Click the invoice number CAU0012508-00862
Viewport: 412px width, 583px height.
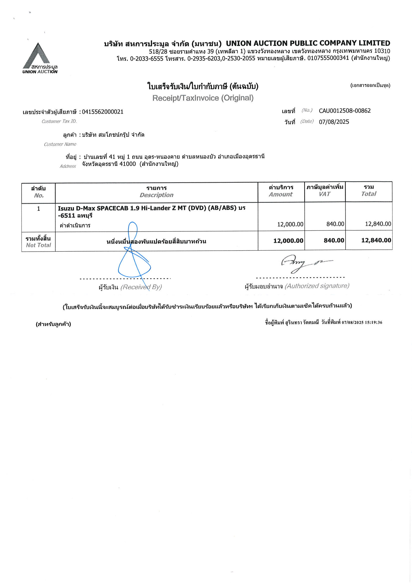344,111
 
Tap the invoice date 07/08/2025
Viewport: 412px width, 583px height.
334,122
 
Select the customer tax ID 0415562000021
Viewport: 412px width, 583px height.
103,112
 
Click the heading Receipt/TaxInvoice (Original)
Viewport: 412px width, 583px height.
203,98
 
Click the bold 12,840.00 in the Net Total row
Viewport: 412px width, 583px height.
376,240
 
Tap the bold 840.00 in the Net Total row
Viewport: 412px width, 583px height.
334,240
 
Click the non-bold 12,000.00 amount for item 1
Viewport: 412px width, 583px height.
290,224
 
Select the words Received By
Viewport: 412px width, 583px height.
141,287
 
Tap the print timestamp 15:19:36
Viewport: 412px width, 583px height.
373,323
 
